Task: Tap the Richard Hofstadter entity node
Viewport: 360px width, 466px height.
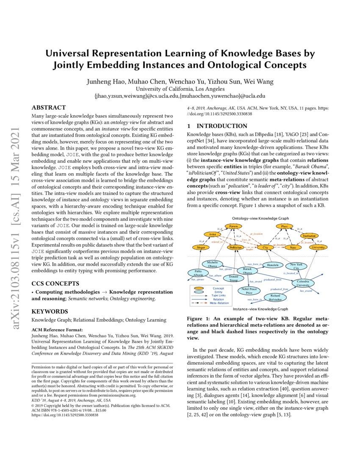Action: pyautogui.click(x=275, y=297)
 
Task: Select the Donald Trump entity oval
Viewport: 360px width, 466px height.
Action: pyautogui.click(x=230, y=278)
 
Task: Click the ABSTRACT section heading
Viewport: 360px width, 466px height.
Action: pyautogui.click(x=49, y=108)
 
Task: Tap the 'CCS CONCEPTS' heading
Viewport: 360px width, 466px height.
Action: pyautogui.click(x=55, y=283)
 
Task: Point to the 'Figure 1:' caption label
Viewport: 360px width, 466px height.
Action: pyautogui.click(x=199, y=318)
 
